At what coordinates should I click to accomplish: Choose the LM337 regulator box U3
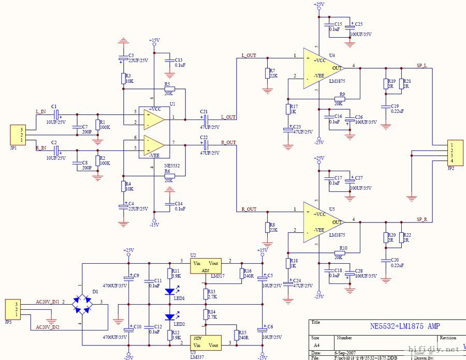click(x=206, y=342)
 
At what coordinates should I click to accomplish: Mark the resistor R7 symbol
click(x=267, y=73)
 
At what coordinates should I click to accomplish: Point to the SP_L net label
click(x=422, y=66)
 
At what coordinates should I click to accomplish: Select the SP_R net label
click(x=422, y=219)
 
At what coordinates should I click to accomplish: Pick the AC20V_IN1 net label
click(x=47, y=301)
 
